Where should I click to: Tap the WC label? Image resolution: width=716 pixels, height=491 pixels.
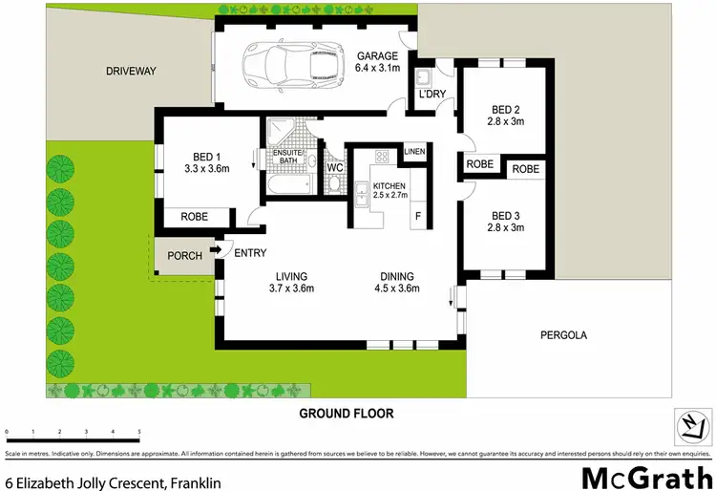point(335,167)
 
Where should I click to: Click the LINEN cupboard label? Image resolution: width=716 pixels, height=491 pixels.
point(414,152)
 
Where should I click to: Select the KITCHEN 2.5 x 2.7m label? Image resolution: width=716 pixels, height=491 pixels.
point(390,189)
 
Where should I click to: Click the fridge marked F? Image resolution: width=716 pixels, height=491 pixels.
point(417,217)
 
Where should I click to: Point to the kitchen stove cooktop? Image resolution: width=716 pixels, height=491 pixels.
point(380,156)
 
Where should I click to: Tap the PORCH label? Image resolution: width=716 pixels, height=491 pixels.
point(184,256)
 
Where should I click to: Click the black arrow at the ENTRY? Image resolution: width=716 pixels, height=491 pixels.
point(215,251)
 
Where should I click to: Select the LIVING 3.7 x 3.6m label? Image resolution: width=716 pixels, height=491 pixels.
point(291,283)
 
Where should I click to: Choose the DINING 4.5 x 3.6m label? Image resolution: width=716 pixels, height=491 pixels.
point(396,283)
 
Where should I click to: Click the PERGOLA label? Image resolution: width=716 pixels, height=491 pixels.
point(563,335)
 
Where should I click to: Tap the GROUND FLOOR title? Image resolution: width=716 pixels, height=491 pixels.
point(346,414)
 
